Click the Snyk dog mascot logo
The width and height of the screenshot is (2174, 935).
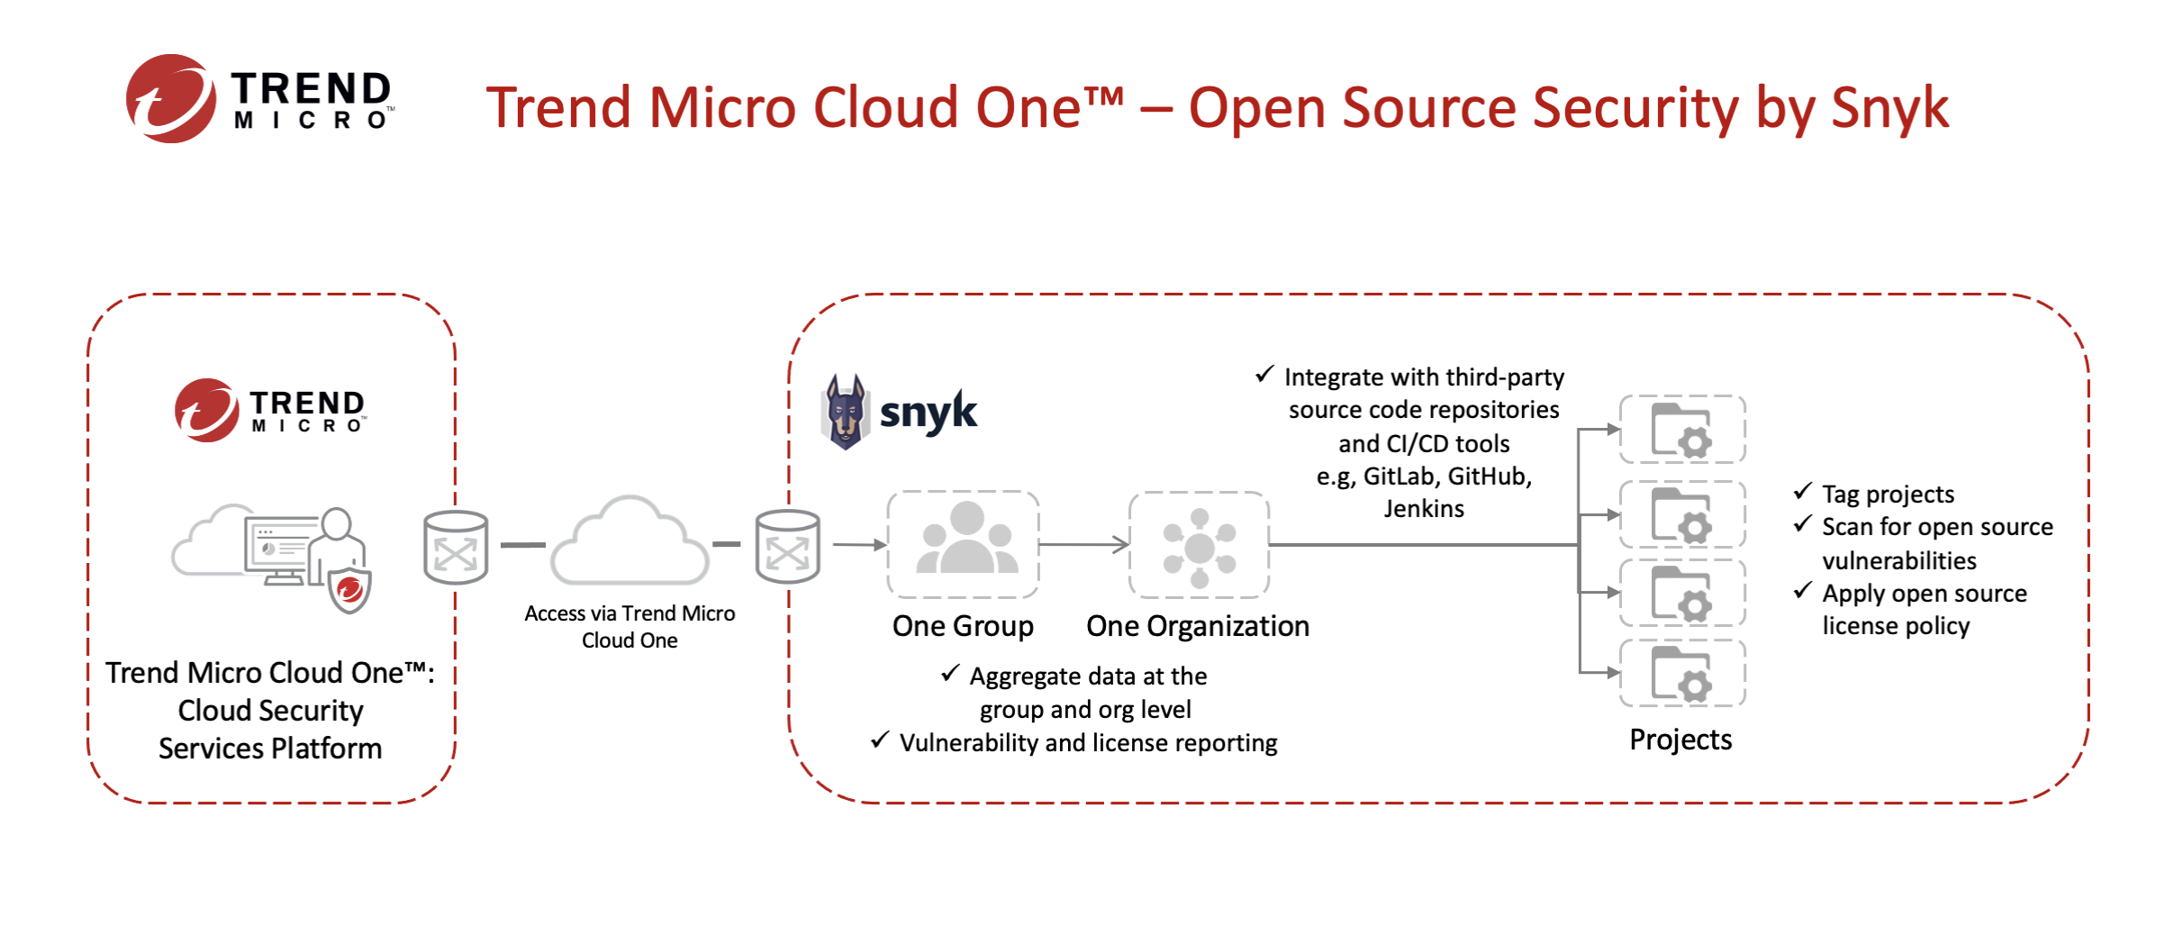tap(845, 412)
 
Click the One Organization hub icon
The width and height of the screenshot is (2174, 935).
tap(1199, 546)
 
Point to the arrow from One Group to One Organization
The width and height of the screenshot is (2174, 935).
tap(1083, 544)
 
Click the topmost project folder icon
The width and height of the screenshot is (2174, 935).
tap(1681, 430)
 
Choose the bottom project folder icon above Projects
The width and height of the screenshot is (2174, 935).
tap(1681, 674)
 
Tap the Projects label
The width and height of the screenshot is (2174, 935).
tap(1680, 740)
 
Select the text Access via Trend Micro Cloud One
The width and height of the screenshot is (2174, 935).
tap(630, 627)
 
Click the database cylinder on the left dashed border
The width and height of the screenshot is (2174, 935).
tap(456, 547)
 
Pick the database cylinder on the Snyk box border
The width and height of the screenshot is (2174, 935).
tap(787, 547)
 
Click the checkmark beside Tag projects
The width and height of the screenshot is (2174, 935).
tap(1802, 492)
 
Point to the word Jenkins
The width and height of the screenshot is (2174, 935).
tap(1424, 509)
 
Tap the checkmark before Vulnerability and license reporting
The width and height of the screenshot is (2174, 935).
tap(880, 740)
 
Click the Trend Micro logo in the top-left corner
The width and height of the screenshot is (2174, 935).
tap(259, 99)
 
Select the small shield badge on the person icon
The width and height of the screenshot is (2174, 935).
tap(349, 591)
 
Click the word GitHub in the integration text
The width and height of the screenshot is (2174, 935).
tap(1488, 477)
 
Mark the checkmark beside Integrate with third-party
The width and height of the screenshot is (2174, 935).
tap(1264, 374)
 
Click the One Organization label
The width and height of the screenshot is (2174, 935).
tap(1198, 626)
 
